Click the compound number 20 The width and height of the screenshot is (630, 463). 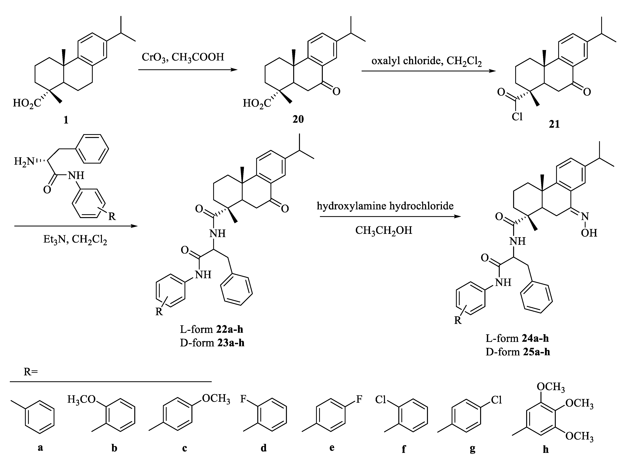(298, 119)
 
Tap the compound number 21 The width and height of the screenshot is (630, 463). (554, 124)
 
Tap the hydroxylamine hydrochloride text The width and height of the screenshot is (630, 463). (385, 206)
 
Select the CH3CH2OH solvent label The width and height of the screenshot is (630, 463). (384, 230)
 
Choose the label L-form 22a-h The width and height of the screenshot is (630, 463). (212, 329)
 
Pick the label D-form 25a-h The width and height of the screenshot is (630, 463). (518, 352)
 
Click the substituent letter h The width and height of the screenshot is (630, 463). (545, 449)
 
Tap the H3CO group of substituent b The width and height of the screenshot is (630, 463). (81, 399)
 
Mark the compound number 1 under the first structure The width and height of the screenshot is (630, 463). (66, 120)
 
